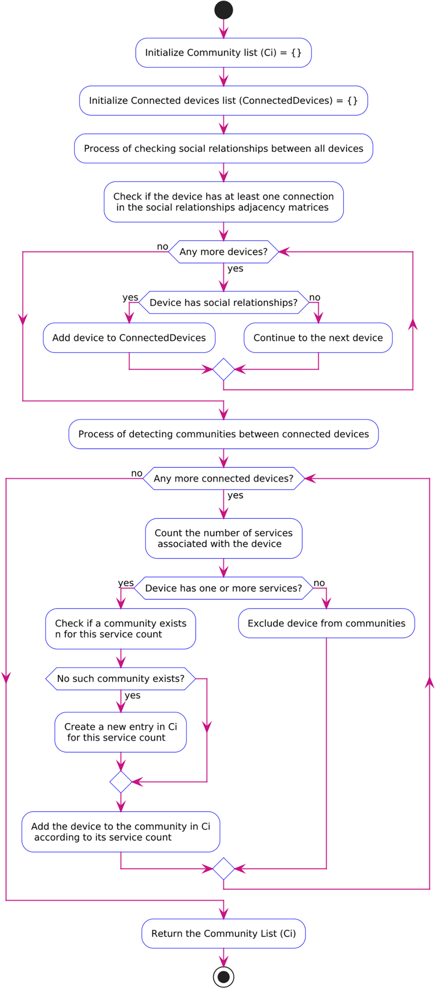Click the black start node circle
pyautogui.click(x=224, y=10)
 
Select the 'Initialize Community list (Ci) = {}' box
pyautogui.click(x=224, y=53)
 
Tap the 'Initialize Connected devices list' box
pyautogui.click(x=224, y=101)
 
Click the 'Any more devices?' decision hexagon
pyautogui.click(x=224, y=252)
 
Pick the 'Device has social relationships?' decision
pyautogui.click(x=224, y=303)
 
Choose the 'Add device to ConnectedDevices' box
pyautogui.click(x=129, y=338)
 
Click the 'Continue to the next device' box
pyautogui.click(x=318, y=338)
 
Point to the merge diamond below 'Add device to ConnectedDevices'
pyautogui.click(x=224, y=369)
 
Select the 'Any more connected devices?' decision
pyautogui.click(x=224, y=478)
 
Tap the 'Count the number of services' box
pyautogui.click(x=224, y=538)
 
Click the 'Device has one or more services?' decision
pyautogui.click(x=224, y=588)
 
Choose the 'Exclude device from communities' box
pyautogui.click(x=327, y=623)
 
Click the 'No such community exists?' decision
pyautogui.click(x=121, y=679)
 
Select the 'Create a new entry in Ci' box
pyautogui.click(x=121, y=732)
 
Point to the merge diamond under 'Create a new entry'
pyautogui.click(x=121, y=782)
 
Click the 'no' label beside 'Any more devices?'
pyautogui.click(x=162, y=247)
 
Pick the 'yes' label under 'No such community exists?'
pyautogui.click(x=133, y=695)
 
